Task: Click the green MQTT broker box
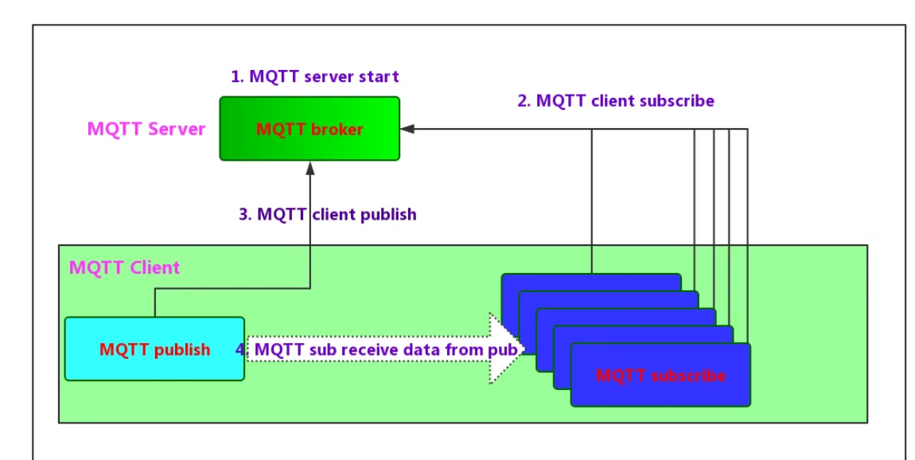point(310,128)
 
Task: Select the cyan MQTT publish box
point(154,349)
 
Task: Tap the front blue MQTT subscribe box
point(660,376)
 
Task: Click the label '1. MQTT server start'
point(314,76)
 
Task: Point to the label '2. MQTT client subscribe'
point(615,100)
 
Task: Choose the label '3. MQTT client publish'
point(327,214)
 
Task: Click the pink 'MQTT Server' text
point(146,129)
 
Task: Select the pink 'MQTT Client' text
point(124,267)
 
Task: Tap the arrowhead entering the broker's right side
point(407,128)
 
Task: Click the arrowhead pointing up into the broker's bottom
point(310,168)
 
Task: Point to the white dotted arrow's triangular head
point(506,349)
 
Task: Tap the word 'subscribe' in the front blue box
point(691,376)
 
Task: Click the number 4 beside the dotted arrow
point(240,349)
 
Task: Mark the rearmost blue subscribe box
point(591,281)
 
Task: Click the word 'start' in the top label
point(379,76)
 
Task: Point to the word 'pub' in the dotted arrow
point(505,349)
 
